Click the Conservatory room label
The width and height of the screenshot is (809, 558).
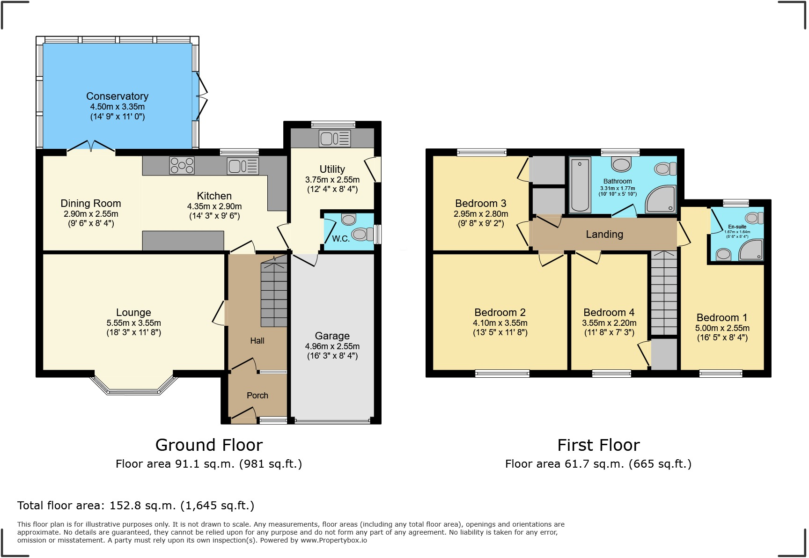point(117,96)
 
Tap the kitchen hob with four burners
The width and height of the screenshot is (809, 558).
point(182,165)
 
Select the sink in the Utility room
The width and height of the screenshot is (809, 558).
point(334,138)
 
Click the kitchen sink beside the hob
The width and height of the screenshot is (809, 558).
point(243,166)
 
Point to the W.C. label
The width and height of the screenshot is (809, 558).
point(340,239)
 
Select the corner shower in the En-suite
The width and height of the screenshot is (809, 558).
point(752,250)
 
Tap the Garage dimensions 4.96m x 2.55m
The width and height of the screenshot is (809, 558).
point(332,346)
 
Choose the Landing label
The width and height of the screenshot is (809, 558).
point(604,234)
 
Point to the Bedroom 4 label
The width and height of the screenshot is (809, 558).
point(609,312)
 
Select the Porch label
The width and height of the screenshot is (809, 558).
point(257,396)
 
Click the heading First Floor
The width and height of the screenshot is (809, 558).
point(598,445)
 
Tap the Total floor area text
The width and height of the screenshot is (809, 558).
point(136,506)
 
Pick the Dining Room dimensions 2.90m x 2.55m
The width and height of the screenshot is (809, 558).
point(91,214)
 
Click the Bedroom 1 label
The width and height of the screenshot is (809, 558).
point(721,317)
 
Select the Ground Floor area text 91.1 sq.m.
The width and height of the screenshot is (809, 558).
point(209,464)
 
